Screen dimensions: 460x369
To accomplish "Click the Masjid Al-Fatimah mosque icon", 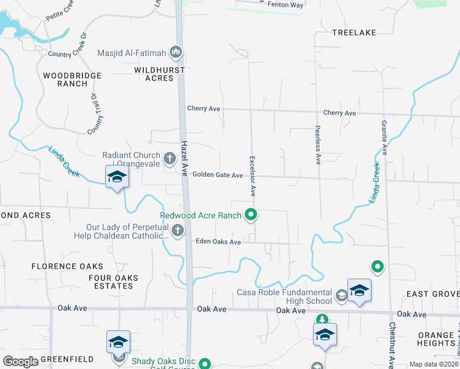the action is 176,52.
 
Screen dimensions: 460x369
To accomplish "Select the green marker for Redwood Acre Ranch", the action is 251,215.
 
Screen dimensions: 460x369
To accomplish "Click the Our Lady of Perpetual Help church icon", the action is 178,231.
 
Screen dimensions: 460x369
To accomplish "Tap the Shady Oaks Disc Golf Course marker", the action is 206,363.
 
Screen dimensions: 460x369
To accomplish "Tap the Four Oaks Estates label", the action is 114,282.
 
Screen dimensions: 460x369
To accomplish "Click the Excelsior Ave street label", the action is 253,176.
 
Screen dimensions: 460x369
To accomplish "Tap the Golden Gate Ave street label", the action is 218,175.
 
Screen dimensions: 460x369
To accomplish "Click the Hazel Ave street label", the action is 184,158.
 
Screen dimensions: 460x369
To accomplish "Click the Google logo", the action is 21,362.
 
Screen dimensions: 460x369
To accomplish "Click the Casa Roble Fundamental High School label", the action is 284,296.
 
